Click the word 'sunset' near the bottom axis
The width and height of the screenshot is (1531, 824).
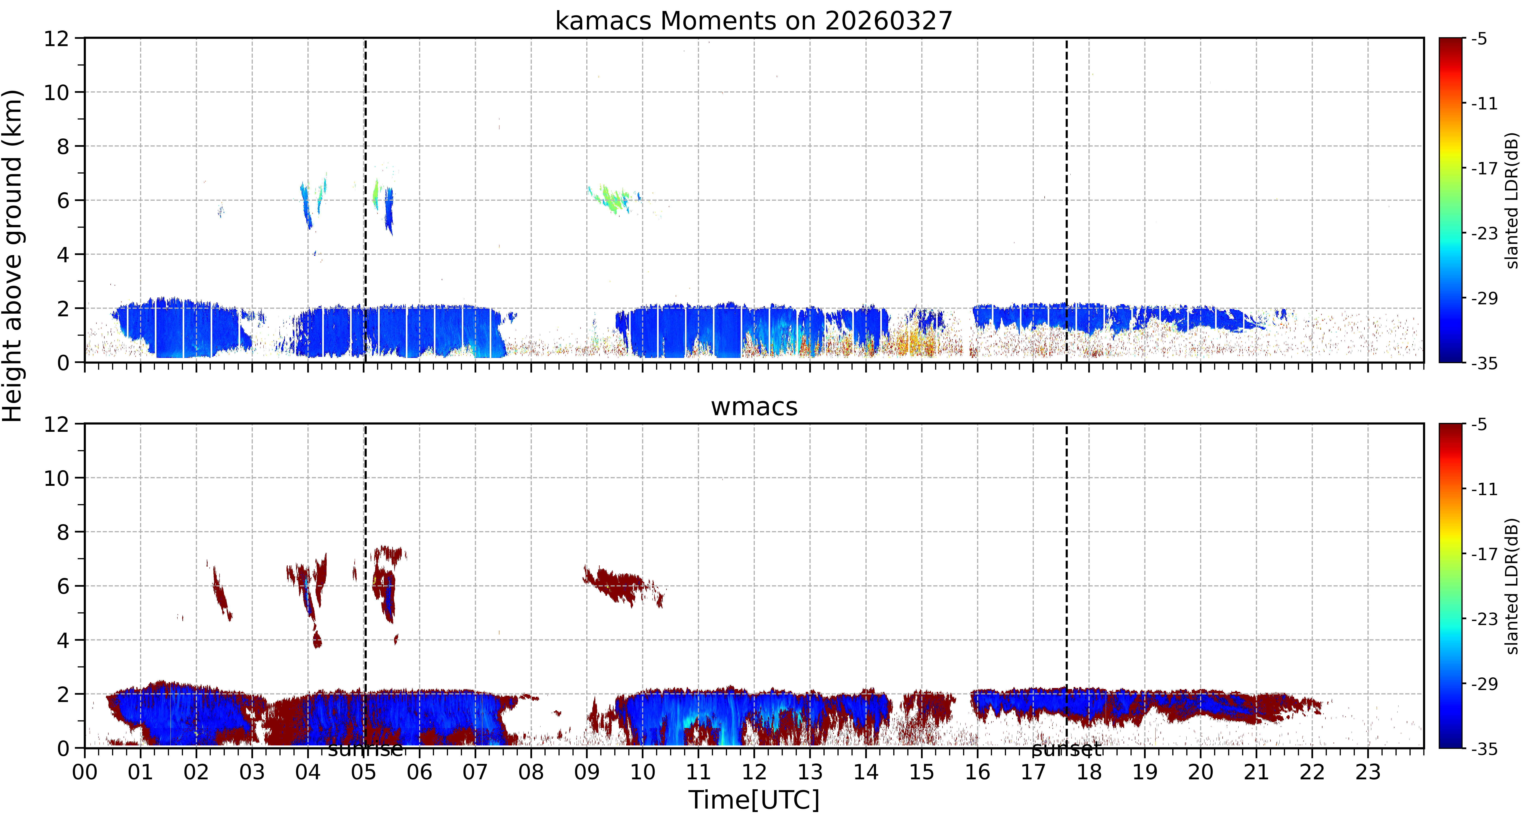coord(1067,750)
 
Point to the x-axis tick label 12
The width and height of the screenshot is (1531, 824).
coord(754,772)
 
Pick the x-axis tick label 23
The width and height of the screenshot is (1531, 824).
coord(1368,772)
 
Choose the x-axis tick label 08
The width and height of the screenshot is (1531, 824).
coord(531,772)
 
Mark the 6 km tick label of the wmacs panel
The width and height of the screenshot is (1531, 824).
coord(63,586)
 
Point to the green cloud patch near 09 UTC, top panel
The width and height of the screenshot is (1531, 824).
coord(612,199)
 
